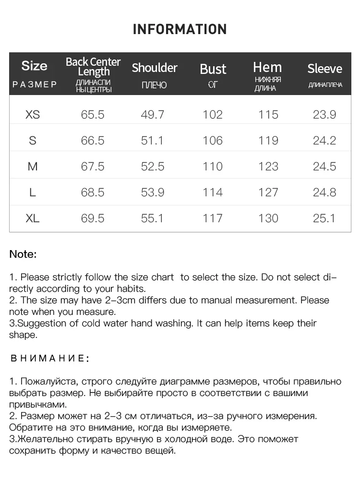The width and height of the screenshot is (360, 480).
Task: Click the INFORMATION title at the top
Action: (180, 29)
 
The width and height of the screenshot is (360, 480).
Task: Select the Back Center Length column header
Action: (93, 67)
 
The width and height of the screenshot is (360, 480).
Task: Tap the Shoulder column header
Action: (155, 68)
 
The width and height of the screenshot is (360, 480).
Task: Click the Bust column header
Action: (213, 69)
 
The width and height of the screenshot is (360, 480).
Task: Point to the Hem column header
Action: (267, 67)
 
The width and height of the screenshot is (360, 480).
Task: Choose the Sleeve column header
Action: (325, 69)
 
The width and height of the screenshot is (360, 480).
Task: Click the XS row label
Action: (33, 115)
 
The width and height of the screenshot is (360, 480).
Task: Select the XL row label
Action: (33, 218)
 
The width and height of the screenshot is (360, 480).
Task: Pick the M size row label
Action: (33, 167)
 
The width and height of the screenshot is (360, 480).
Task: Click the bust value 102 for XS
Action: (213, 115)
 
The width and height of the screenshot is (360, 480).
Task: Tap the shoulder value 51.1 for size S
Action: (153, 141)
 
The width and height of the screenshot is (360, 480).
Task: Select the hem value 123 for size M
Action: (268, 167)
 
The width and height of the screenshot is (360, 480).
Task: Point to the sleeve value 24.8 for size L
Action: (324, 192)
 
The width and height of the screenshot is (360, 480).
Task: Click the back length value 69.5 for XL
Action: (93, 218)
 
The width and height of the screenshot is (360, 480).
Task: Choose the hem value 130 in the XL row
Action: (268, 218)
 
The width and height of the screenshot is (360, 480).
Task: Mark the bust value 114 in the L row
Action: (213, 192)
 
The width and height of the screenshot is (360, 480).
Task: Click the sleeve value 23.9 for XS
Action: (324, 115)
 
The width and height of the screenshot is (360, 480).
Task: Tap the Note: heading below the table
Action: (23, 254)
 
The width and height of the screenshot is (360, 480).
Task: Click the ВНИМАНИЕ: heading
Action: (49, 358)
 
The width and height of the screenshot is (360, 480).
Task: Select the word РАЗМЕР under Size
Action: (35, 85)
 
